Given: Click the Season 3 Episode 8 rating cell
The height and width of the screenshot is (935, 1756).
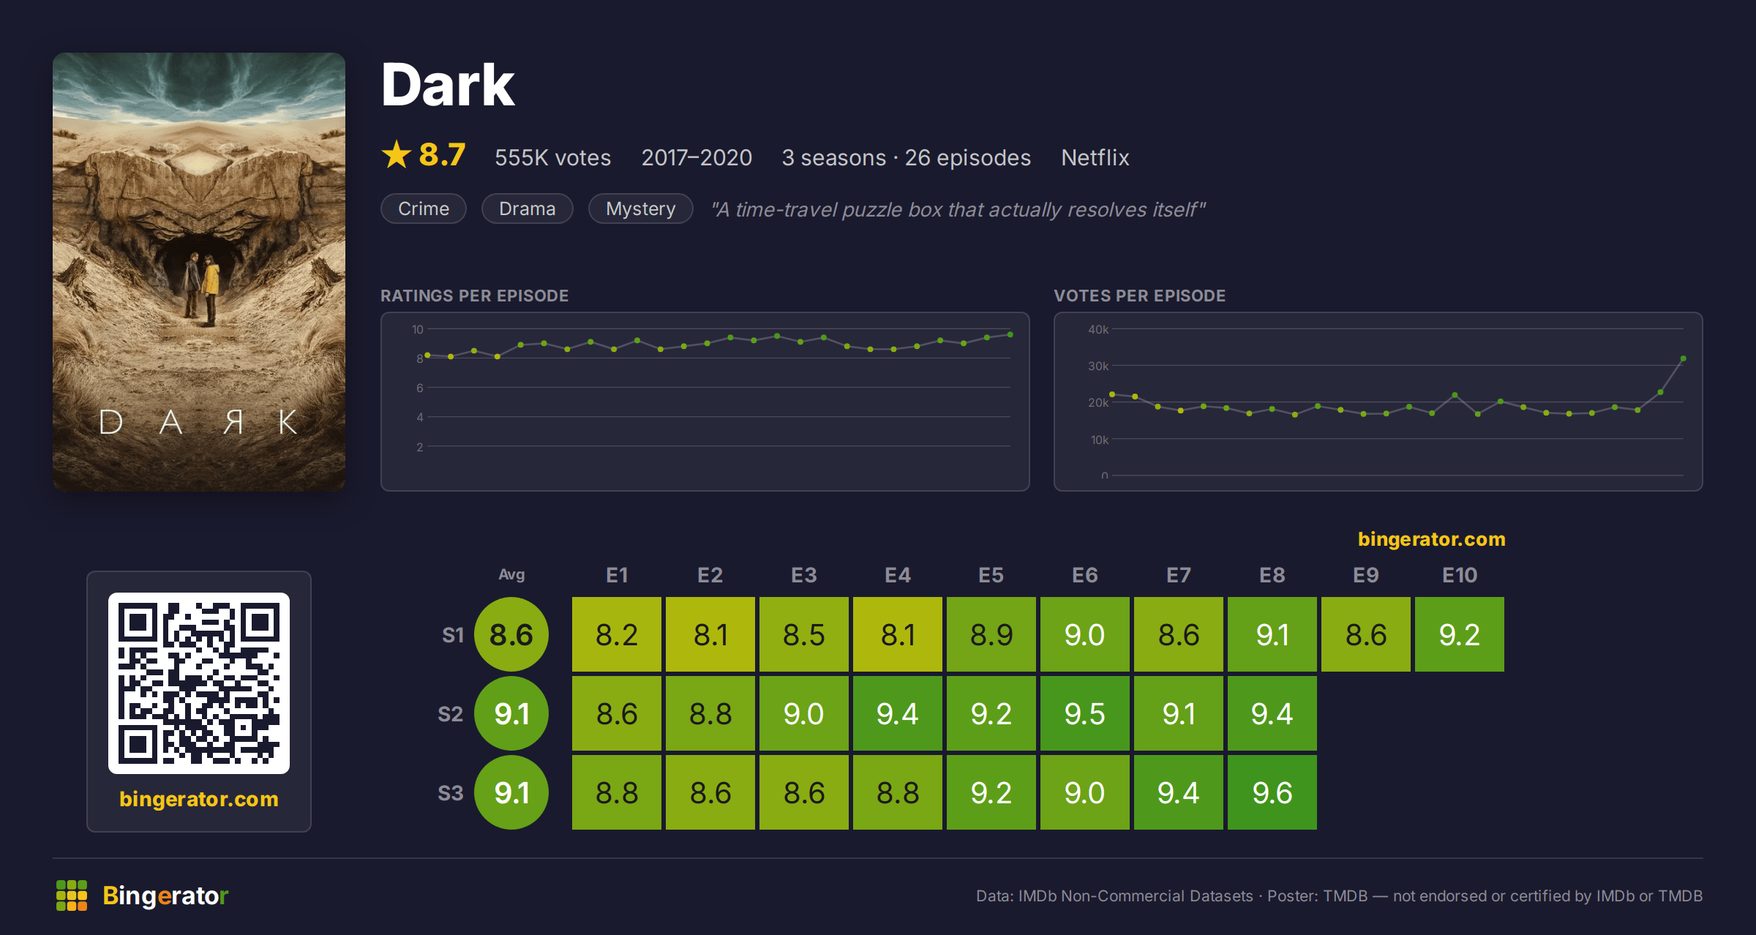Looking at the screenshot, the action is tap(1272, 792).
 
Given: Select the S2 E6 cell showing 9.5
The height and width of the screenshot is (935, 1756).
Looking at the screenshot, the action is tap(1085, 713).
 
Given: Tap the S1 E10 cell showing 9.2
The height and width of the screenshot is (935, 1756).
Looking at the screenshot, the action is tap(1460, 634).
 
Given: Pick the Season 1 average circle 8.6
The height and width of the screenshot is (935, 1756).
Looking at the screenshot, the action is tap(511, 634).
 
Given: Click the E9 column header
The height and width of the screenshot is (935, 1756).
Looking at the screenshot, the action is tap(1366, 575).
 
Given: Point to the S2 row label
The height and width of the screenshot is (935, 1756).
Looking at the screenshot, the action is tap(451, 714).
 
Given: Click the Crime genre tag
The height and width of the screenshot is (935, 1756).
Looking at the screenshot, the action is tap(424, 209).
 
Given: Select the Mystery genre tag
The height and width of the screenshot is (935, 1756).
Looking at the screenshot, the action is tap(641, 209).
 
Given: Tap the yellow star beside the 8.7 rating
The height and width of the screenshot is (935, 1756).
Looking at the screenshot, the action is tap(397, 154).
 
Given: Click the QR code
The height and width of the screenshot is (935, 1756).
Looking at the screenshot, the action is tap(199, 683).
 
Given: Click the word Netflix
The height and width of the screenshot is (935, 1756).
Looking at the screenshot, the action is tap(1095, 157).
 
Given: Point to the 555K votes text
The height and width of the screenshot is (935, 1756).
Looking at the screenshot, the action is tap(553, 157).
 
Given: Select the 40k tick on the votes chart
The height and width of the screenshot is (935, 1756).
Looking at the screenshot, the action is tap(1098, 329).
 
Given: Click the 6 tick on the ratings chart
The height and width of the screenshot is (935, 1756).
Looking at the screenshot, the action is tap(420, 388).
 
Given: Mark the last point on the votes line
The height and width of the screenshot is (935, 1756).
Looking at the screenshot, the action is tap(1683, 358).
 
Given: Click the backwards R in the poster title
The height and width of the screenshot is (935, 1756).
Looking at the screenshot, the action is tap(233, 422).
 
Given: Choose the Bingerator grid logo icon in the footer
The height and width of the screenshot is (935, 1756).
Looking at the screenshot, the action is tap(72, 895).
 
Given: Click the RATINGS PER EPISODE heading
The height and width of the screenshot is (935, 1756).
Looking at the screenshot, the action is tap(474, 296).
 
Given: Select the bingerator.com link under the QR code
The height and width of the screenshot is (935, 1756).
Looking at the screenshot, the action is tap(199, 799).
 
